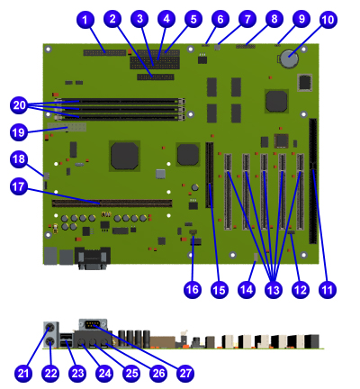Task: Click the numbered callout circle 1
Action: (85, 20)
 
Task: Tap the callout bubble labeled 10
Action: (328, 20)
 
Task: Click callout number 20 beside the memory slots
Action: (19, 105)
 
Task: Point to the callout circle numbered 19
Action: (19, 132)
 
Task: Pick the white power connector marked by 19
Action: (67, 127)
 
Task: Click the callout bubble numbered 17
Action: (19, 186)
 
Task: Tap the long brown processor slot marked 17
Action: (112, 204)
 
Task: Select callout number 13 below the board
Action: (273, 290)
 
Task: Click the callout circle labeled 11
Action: (328, 290)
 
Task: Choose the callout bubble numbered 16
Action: (193, 290)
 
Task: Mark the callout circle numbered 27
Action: (185, 374)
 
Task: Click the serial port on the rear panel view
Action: (93, 324)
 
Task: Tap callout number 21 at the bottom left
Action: (23, 374)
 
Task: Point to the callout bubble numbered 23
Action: (77, 374)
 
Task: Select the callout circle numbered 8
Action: (274, 19)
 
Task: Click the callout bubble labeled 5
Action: (193, 19)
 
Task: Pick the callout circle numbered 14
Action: (247, 290)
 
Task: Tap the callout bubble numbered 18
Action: (19, 159)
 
